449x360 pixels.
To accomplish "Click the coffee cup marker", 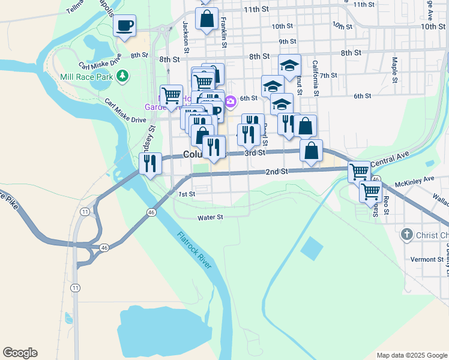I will [125, 26].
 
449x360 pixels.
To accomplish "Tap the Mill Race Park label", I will [86, 76].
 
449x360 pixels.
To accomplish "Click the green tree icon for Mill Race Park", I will [122, 76].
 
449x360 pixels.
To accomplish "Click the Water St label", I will [211, 217].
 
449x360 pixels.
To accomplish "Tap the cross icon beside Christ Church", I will [406, 235].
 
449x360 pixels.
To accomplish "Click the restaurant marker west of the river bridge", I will [149, 163].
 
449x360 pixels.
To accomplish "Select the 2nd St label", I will [277, 172].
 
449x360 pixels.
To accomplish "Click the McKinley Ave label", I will [414, 179].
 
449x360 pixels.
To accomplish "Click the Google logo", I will [20, 353].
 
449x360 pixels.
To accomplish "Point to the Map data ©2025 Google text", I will [412, 355].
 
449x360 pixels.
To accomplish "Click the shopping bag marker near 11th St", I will [206, 19].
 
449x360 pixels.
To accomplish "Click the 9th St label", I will [288, 41].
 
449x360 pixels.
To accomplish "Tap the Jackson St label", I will [186, 33].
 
